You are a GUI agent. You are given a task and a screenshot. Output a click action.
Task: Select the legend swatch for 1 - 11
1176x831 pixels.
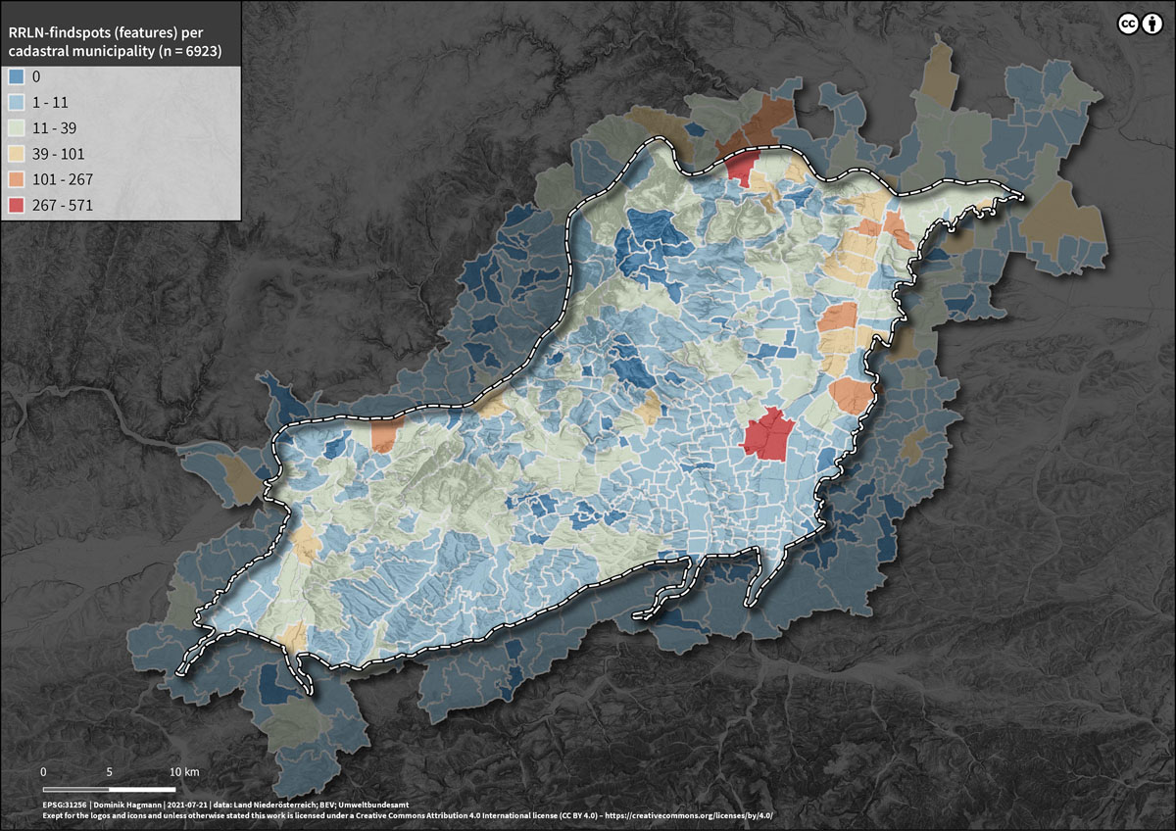click(x=16, y=102)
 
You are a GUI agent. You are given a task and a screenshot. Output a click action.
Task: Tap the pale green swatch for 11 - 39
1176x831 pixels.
click(x=16, y=127)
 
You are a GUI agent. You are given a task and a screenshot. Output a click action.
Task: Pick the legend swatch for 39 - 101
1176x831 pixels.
click(x=16, y=154)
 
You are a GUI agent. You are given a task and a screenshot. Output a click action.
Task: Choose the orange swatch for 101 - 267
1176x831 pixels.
click(x=16, y=179)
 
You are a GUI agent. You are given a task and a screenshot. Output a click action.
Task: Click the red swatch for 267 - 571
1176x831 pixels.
click(x=16, y=206)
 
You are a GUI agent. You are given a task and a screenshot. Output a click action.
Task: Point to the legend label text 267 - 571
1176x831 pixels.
click(x=68, y=206)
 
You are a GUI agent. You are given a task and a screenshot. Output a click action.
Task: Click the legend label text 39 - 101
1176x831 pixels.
click(x=63, y=154)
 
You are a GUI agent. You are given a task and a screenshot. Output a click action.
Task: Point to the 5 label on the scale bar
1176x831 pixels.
click(x=110, y=771)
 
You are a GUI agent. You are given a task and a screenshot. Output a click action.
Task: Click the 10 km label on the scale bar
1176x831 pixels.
click(x=183, y=771)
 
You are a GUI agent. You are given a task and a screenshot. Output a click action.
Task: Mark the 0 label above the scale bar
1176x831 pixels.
click(x=44, y=771)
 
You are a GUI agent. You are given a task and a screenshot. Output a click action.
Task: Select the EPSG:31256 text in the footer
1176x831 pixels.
click(x=66, y=803)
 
